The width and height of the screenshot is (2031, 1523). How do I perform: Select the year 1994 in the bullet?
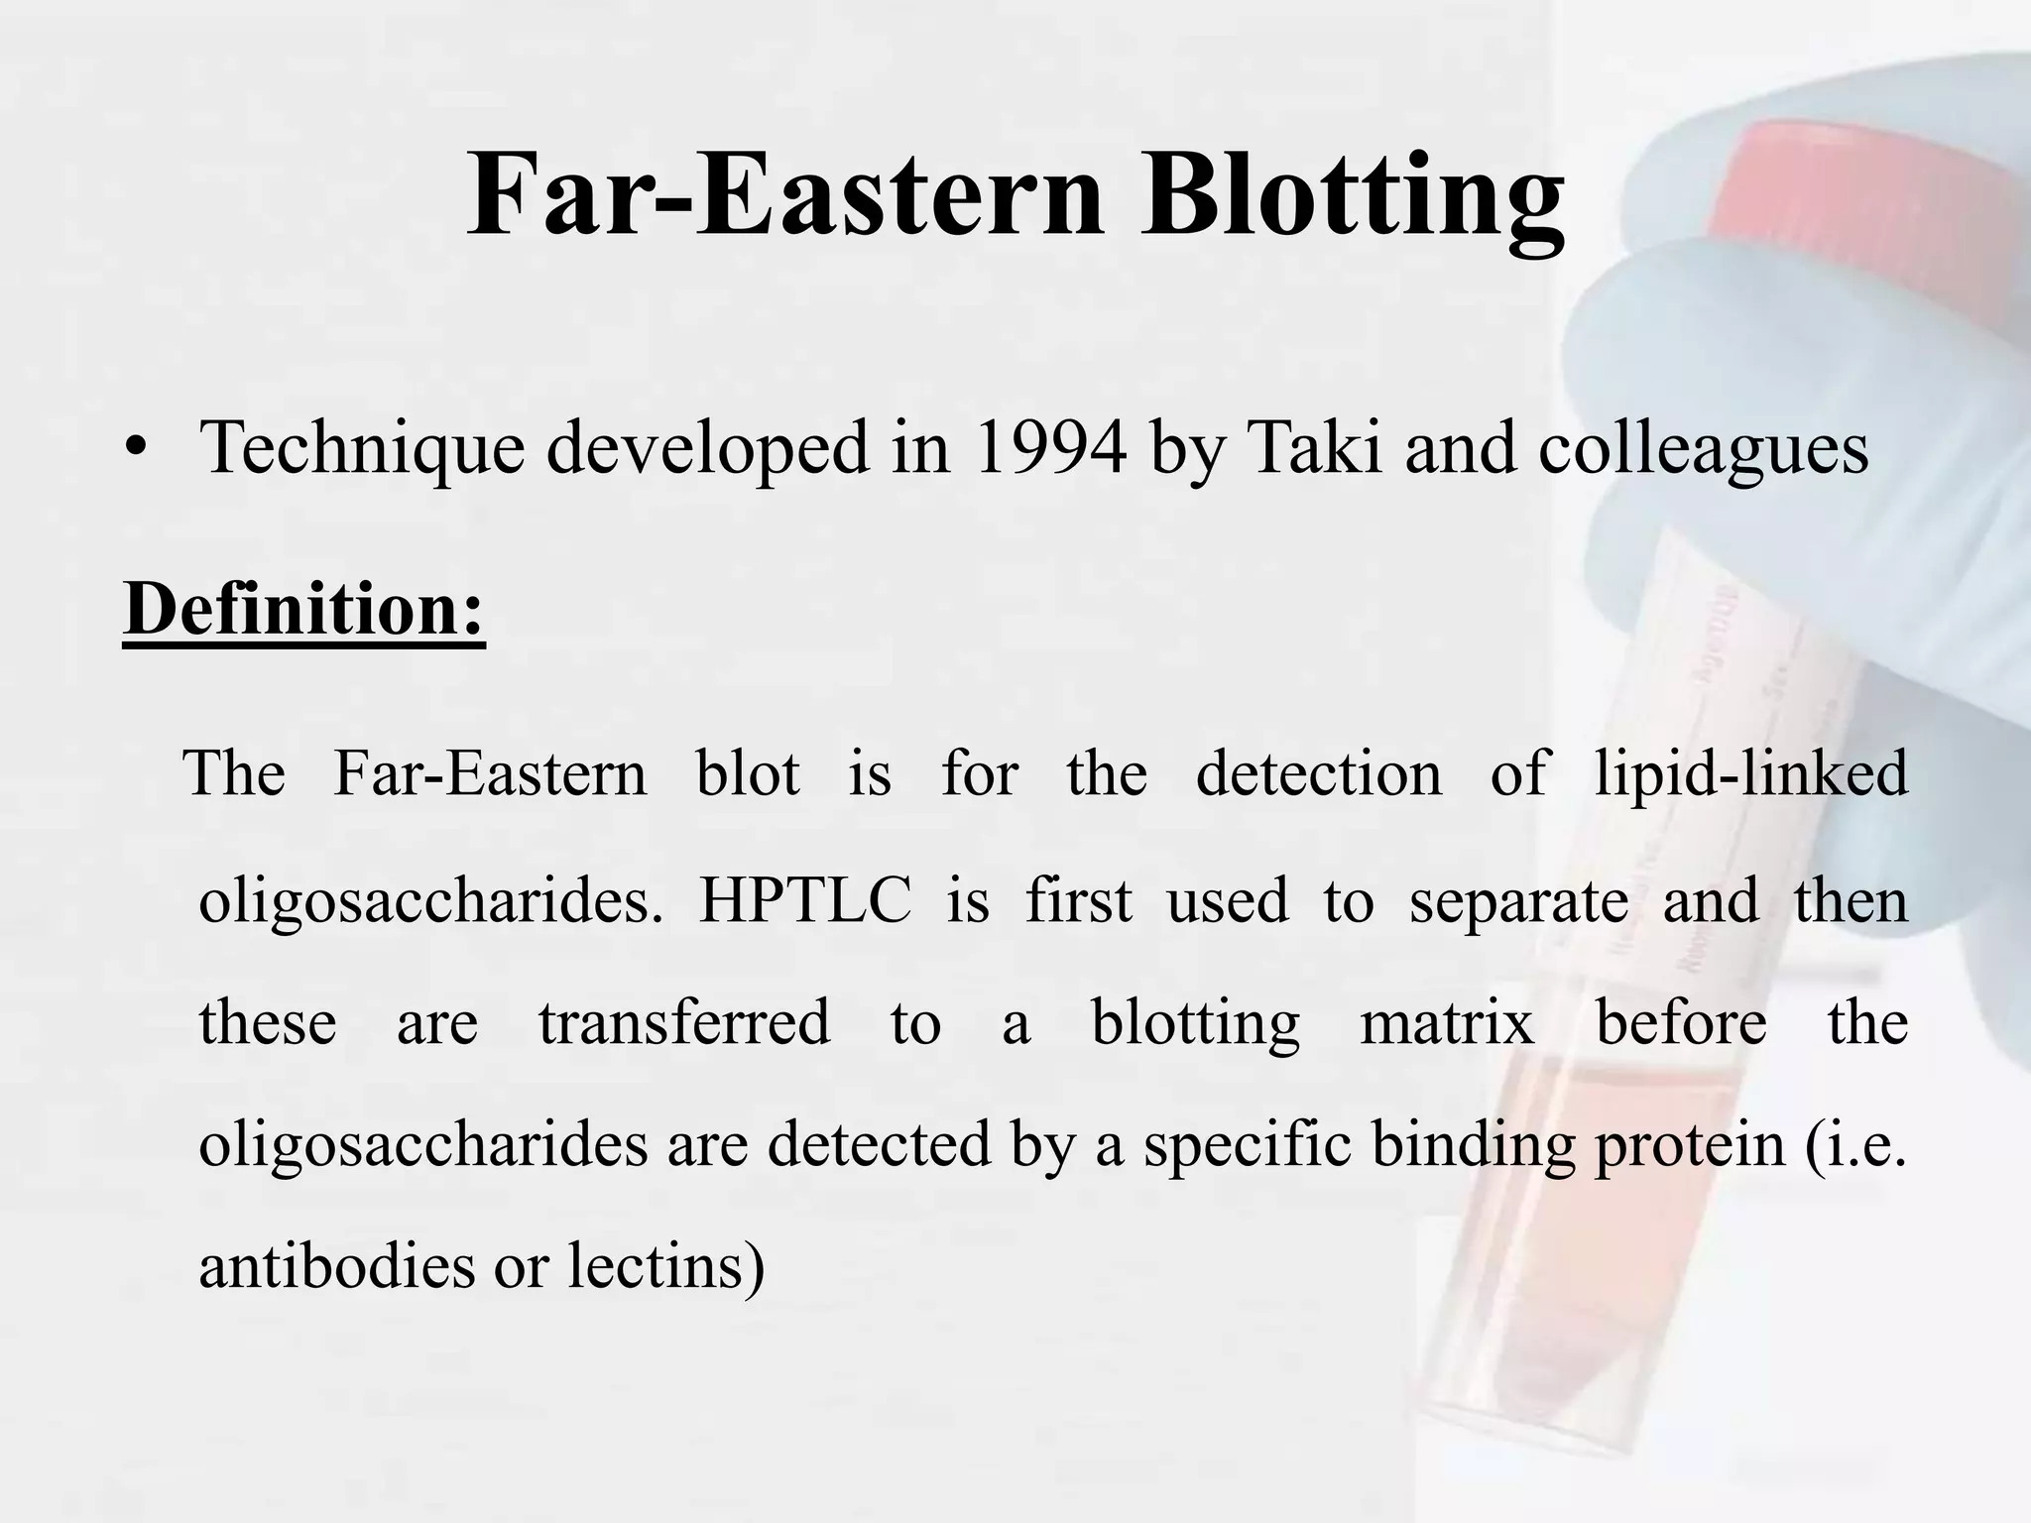point(1050,448)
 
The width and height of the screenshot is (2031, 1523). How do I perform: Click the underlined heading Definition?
point(303,609)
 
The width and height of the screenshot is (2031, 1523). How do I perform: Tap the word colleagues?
point(1703,448)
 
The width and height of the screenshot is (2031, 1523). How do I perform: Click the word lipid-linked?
point(1750,773)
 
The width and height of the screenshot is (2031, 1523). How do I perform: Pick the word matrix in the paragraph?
point(1447,1023)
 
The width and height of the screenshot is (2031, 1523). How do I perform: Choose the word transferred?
point(684,1023)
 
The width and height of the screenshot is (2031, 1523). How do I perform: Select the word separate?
point(1518,902)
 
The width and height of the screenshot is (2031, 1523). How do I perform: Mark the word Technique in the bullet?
point(362,448)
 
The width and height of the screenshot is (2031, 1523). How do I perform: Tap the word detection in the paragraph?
point(1318,773)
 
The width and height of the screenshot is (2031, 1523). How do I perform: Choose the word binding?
point(1474,1145)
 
